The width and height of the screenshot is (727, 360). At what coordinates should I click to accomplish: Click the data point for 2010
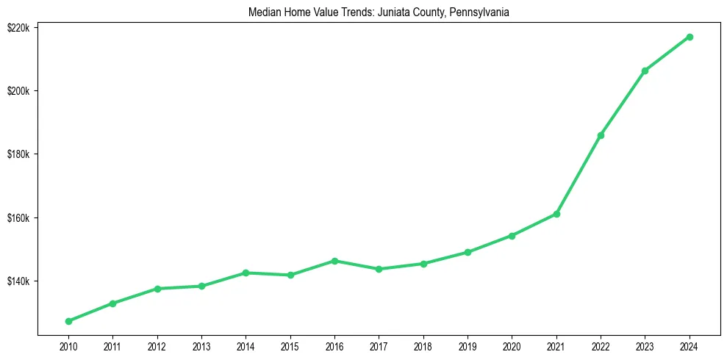[x=68, y=321]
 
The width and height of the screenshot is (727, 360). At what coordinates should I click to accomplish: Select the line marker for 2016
[x=334, y=261]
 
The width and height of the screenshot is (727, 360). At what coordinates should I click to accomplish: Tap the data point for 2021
[x=556, y=214]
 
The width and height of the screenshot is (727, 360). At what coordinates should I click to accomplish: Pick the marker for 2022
[x=601, y=135]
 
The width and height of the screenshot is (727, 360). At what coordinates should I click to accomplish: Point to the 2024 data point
[x=690, y=37]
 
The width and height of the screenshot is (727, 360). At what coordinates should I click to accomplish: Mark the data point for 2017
[x=379, y=269]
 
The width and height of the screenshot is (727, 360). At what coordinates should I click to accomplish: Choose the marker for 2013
[x=201, y=286]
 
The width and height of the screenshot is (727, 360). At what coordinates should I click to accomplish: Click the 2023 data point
[x=645, y=71]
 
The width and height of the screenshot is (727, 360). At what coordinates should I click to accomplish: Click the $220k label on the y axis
[x=18, y=27]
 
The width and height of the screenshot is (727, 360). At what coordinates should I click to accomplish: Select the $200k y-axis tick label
[x=18, y=91]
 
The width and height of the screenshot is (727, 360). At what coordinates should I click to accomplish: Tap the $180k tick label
[x=18, y=154]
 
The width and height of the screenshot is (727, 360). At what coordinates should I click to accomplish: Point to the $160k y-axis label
[x=18, y=218]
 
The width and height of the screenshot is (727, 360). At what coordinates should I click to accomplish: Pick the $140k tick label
[x=18, y=281]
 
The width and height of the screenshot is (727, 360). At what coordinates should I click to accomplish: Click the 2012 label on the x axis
[x=157, y=346]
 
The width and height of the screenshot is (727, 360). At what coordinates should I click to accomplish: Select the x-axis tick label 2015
[x=290, y=346]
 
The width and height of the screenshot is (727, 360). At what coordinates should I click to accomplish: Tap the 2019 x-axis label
[x=468, y=346]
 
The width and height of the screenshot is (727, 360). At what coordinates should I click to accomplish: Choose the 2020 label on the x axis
[x=512, y=346]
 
